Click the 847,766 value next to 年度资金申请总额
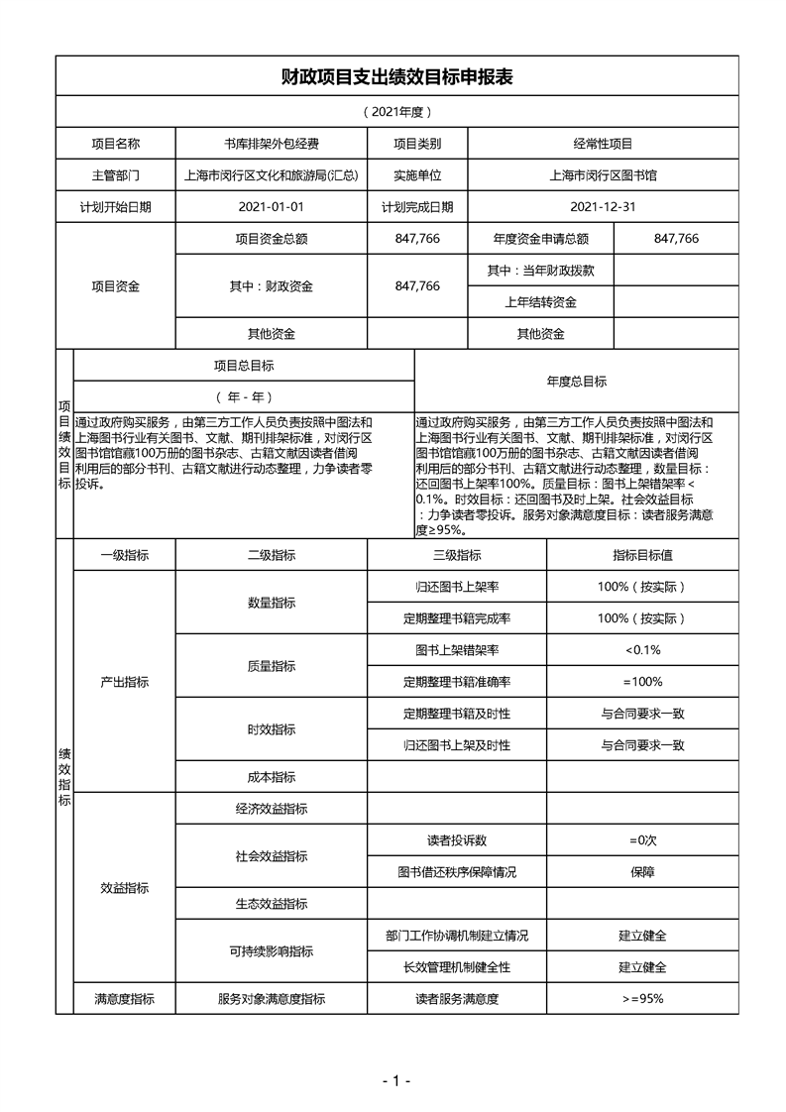tap(677, 239)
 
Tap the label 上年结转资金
tap(540, 302)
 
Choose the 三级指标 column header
tap(457, 555)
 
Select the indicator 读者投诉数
tap(457, 840)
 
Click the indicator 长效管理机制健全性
tap(457, 967)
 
